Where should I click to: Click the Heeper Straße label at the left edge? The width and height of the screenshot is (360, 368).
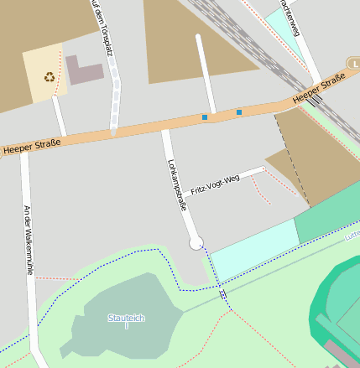tap(31, 148)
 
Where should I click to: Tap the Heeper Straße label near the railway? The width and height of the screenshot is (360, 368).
tap(320, 91)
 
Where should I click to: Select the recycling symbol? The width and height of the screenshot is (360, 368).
tap(50, 77)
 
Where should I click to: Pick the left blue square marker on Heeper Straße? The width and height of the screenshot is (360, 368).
tap(205, 117)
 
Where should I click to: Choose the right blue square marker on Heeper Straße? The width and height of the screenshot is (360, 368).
tap(239, 111)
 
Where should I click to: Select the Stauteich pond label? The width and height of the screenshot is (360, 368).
tap(125, 318)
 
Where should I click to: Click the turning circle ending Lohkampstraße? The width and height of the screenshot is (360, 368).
tap(196, 243)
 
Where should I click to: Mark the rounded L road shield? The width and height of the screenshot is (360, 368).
tap(354, 63)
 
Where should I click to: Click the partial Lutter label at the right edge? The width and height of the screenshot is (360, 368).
tap(352, 238)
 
